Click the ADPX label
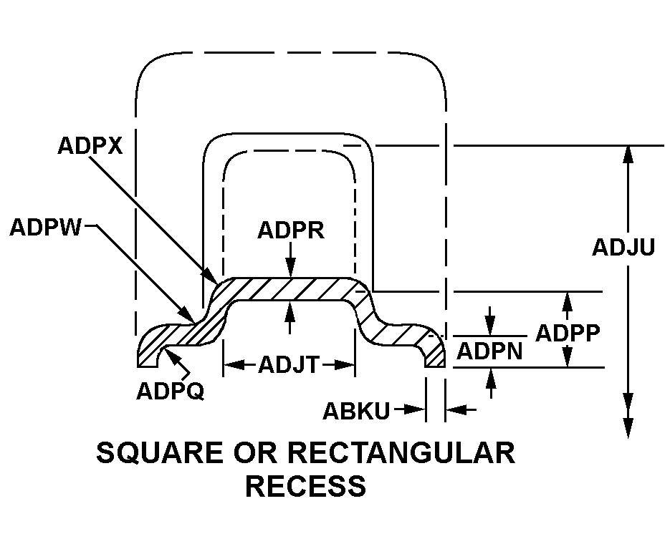coord(90,145)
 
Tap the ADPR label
coord(291,230)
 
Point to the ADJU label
coord(623,247)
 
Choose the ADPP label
coord(568,334)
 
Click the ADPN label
coord(489,351)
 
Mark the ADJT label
coord(289,365)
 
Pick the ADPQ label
coord(170,392)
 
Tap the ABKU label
coord(356,411)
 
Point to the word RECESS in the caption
coord(305,486)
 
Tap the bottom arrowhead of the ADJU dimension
coord(628,429)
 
